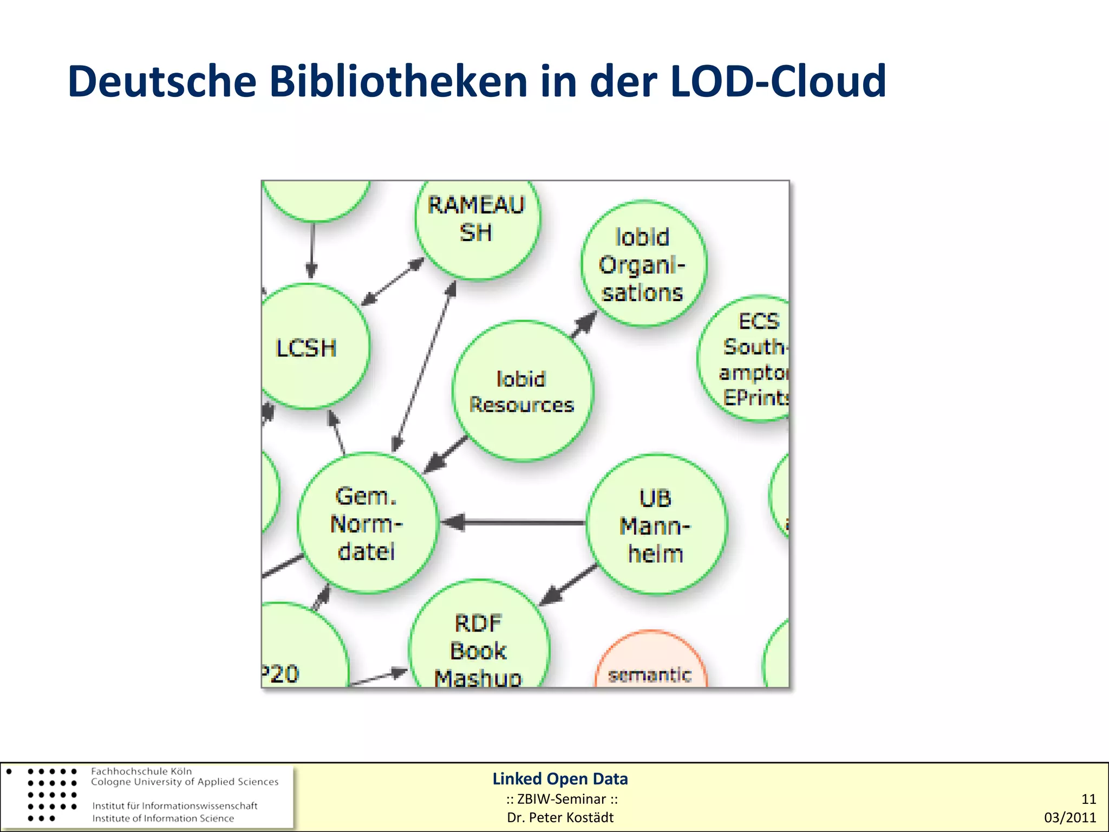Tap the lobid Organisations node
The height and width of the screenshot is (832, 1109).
tap(643, 264)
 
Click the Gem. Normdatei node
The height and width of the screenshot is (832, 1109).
tap(368, 523)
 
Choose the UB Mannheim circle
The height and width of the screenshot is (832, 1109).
tap(656, 525)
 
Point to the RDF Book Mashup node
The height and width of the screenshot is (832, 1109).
tap(479, 645)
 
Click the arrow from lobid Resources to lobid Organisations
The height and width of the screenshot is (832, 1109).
tap(584, 324)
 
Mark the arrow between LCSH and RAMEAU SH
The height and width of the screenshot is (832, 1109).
tap(393, 282)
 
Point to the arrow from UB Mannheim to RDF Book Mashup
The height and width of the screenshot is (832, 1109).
tap(569, 584)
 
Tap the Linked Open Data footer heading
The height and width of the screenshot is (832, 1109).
tap(560, 779)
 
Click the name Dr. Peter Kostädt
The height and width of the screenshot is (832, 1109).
tap(560, 817)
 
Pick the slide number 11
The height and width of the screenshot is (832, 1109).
tap(1088, 799)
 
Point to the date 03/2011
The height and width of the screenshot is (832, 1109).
tap(1069, 817)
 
